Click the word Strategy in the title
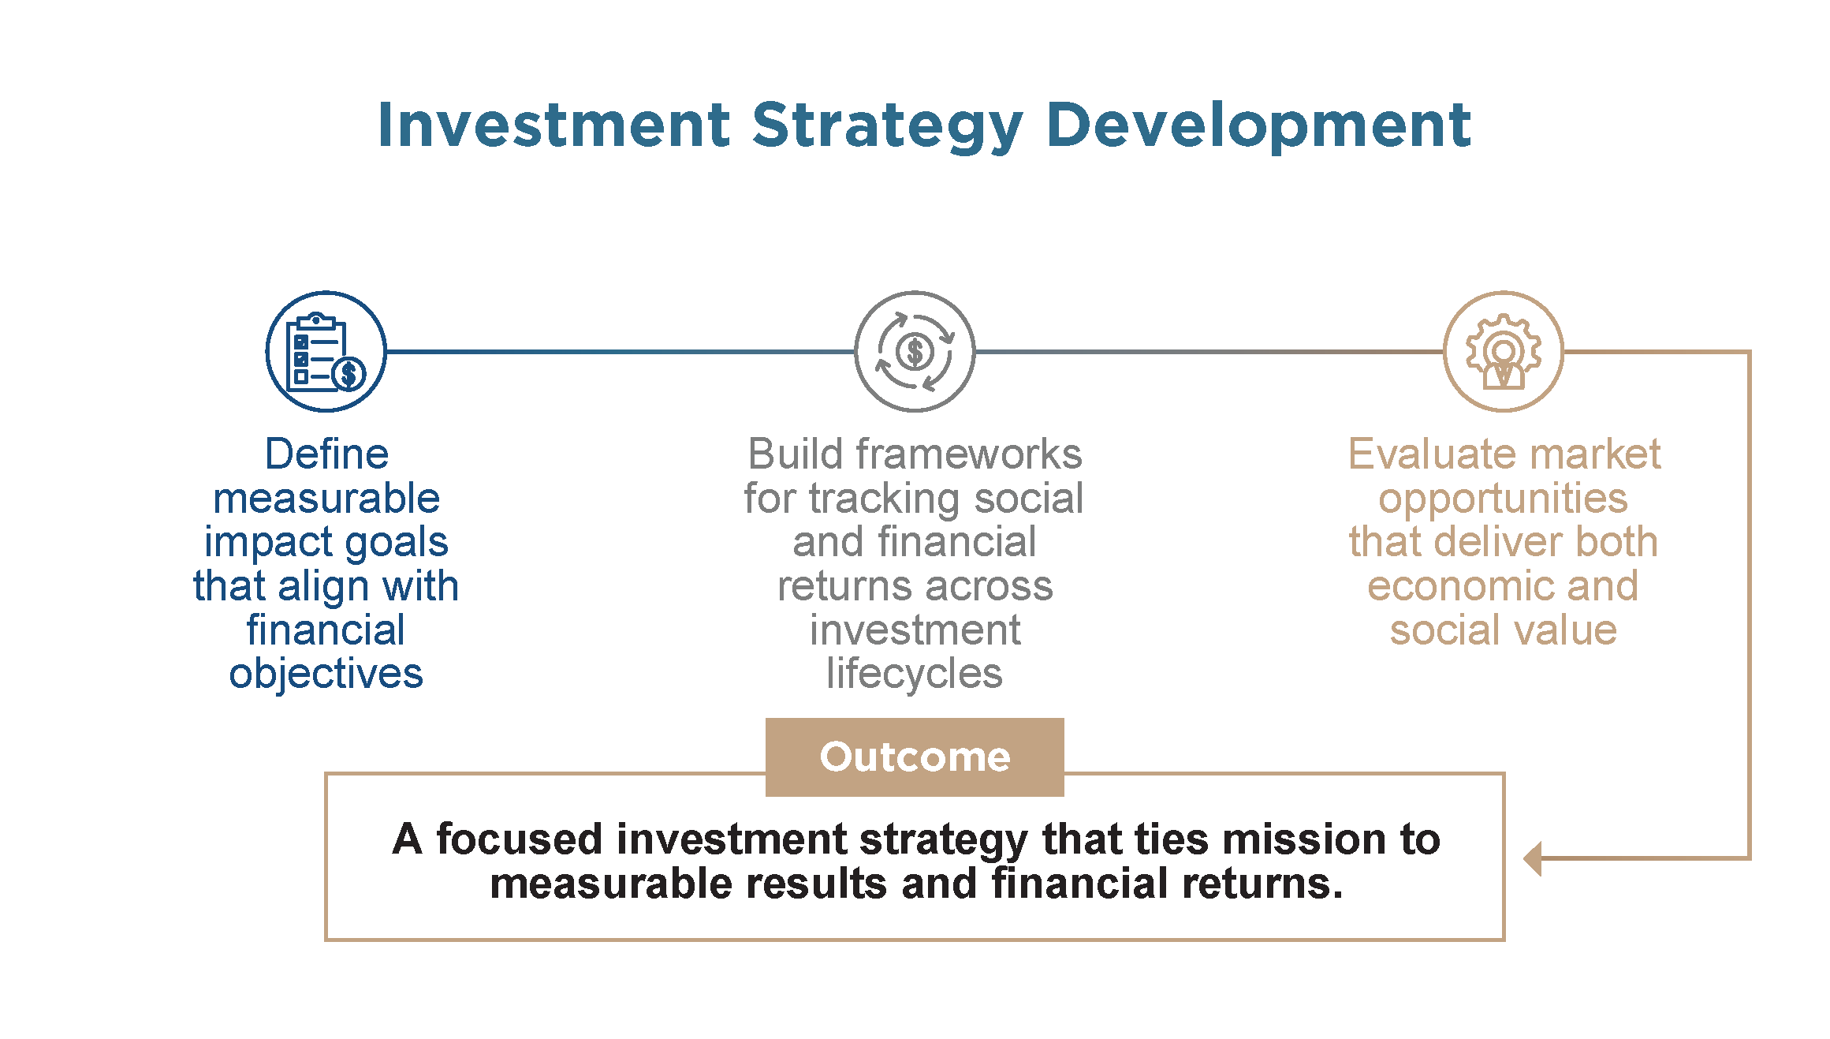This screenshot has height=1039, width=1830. (888, 127)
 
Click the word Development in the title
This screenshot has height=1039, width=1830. (1258, 127)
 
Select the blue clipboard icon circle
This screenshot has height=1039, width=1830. (326, 352)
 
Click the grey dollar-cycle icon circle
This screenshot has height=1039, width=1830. (915, 352)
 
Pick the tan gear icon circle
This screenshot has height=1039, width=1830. (1504, 352)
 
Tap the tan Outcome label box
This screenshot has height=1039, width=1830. (915, 757)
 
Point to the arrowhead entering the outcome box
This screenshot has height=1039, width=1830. (1532, 858)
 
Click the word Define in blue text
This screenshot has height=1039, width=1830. (326, 454)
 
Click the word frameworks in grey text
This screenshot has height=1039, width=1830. (969, 454)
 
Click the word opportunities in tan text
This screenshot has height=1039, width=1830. (1503, 499)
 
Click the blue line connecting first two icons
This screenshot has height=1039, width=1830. (621, 352)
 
